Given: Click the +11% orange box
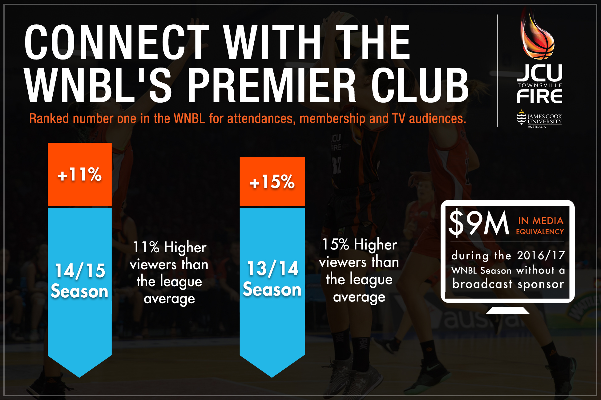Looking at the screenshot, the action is pos(80,174).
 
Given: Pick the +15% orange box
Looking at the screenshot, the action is pos(272,181).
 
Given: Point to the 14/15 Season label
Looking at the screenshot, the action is pos(80,281).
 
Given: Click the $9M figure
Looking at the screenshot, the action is pos(479,223).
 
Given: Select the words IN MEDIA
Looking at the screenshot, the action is pos(541,221).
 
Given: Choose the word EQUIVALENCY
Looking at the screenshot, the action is pos(540,232).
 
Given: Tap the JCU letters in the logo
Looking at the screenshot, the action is pos(540,73).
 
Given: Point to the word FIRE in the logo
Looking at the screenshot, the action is pos(540,96).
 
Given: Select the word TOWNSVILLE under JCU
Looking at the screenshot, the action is pos(540,85).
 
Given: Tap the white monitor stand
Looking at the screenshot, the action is pos(508,310).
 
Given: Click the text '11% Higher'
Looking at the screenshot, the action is pos(170,247).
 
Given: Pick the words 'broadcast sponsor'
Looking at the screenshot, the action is pos(508,284).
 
